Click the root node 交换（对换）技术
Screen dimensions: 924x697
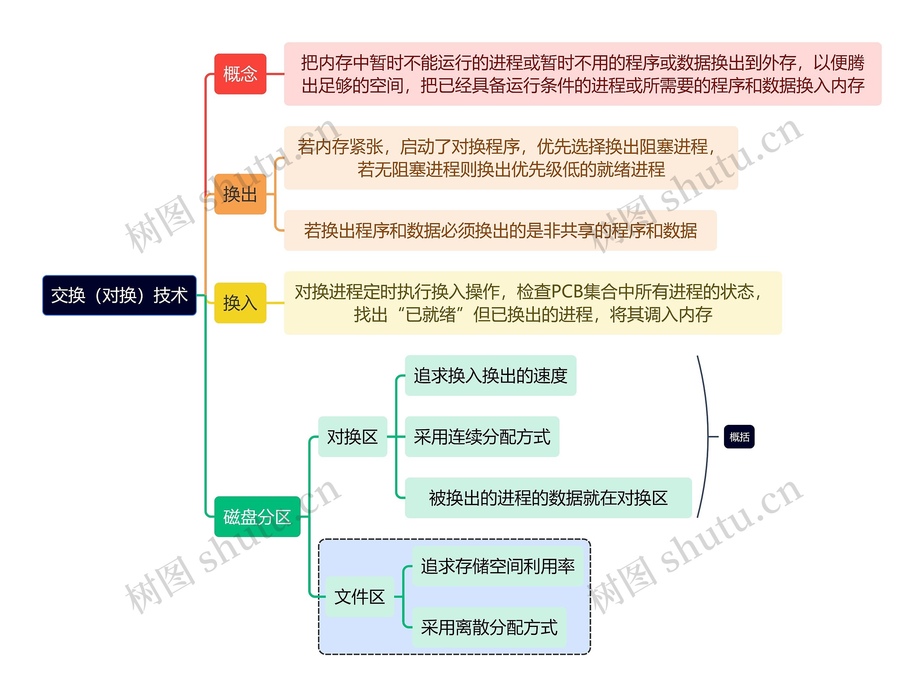[x=119, y=295]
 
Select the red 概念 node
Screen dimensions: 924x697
[x=240, y=74]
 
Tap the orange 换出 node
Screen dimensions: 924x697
[x=240, y=194]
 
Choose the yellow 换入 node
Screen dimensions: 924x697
[x=240, y=303]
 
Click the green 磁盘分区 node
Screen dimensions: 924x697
[x=257, y=517]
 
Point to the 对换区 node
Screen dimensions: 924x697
[x=353, y=437]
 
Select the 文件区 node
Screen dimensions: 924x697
[x=359, y=597]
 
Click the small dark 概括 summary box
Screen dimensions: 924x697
[x=739, y=437]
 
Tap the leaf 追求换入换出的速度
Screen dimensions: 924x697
[x=491, y=375]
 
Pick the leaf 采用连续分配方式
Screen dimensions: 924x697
[x=482, y=437]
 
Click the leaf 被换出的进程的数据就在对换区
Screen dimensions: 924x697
[x=548, y=498]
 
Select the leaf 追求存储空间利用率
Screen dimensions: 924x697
[x=497, y=566]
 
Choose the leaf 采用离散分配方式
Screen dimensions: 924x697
[x=489, y=627]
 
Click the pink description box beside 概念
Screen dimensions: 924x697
[x=582, y=74]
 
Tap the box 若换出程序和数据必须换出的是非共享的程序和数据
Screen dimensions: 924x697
[x=500, y=231]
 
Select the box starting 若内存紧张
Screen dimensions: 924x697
[x=510, y=158]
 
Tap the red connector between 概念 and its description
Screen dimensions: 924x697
[x=275, y=74]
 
